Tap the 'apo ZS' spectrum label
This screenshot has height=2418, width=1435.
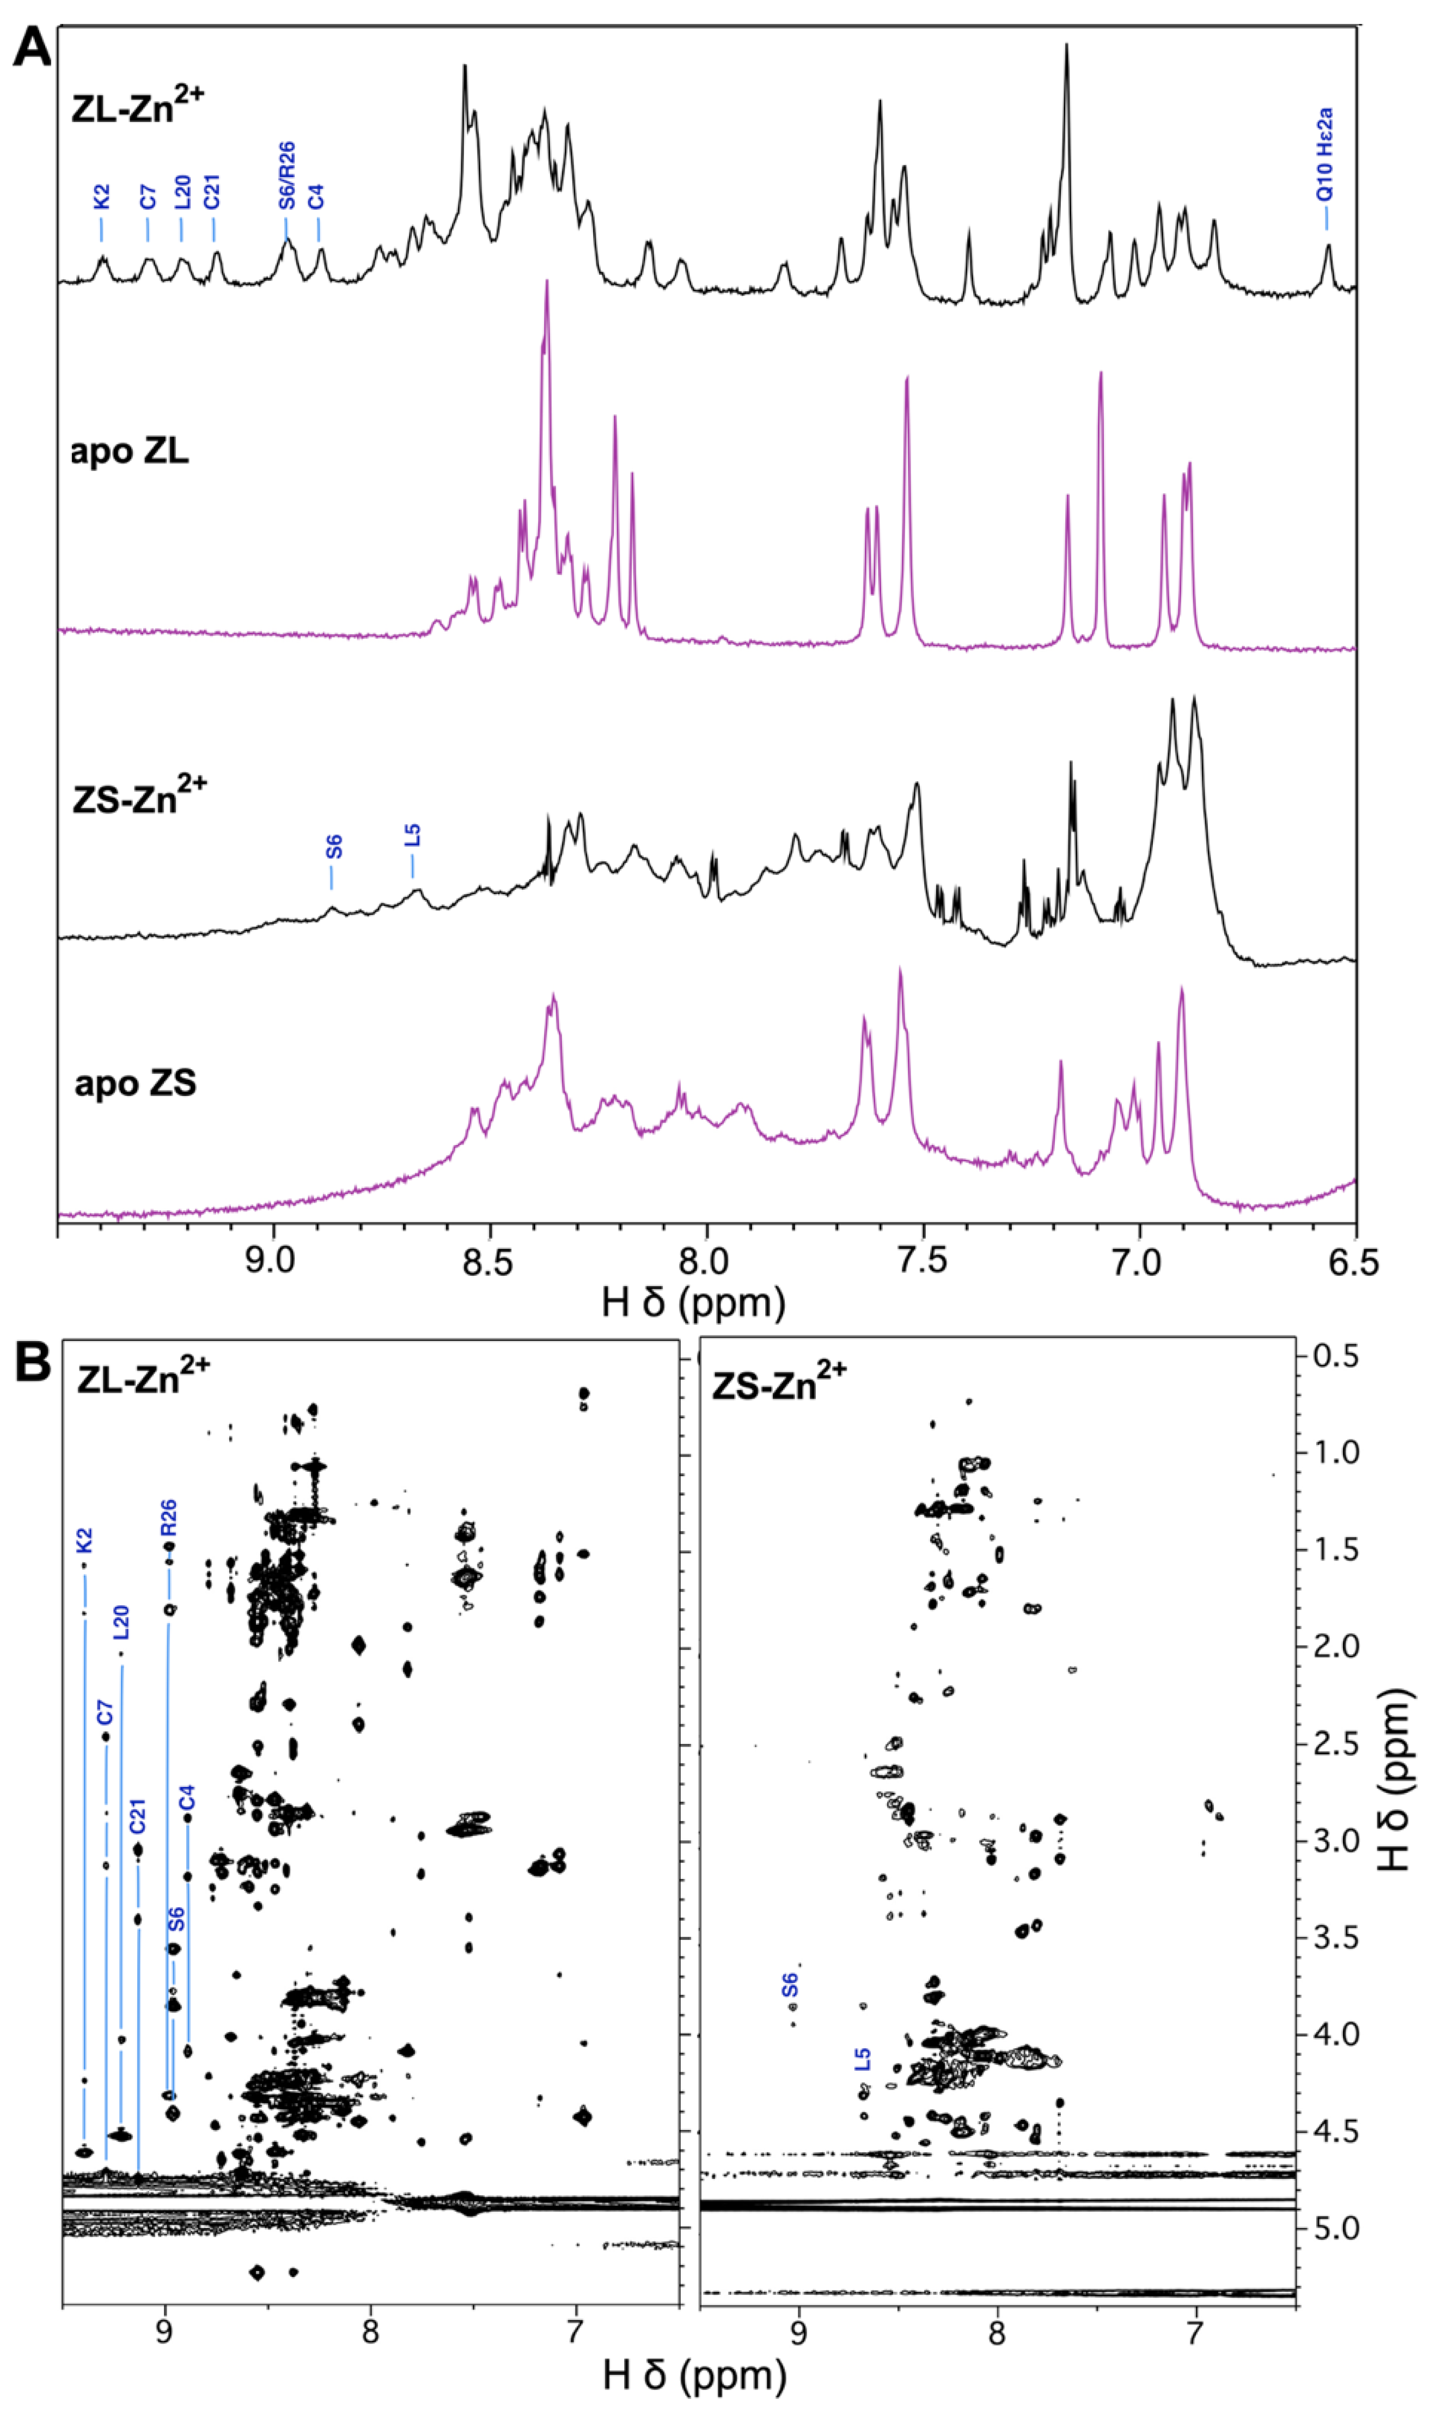(136, 1083)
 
